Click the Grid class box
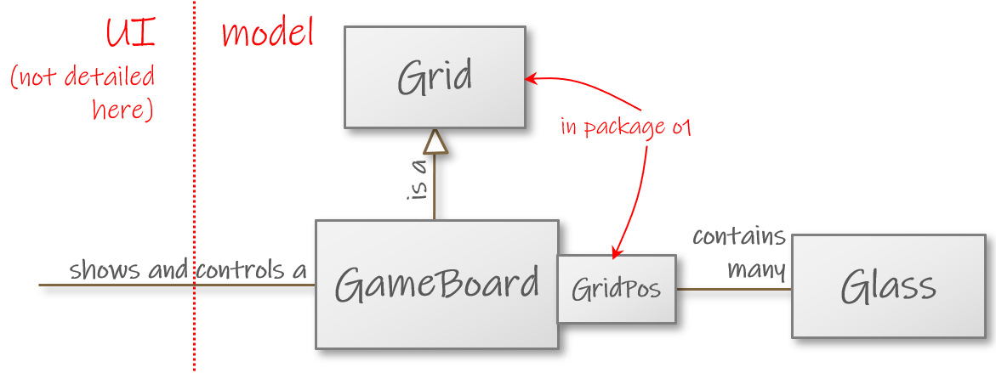[x=435, y=77]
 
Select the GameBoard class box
[x=436, y=284]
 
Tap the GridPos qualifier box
[x=616, y=289]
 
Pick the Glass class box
[x=888, y=286]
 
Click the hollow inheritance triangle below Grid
[x=435, y=142]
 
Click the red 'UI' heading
[x=131, y=34]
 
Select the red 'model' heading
[x=267, y=34]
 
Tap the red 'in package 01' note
[x=625, y=127]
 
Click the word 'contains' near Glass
[x=738, y=235]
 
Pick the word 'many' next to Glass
[x=756, y=269]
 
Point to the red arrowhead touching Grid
[x=530, y=79]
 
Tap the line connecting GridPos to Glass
[x=733, y=289]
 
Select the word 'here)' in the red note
[x=122, y=110]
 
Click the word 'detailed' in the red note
[x=110, y=76]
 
